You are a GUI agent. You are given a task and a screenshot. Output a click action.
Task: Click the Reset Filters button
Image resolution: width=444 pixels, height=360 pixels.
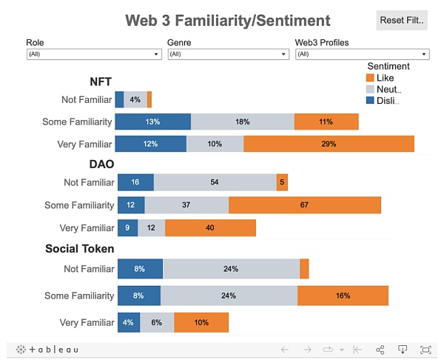click(x=402, y=20)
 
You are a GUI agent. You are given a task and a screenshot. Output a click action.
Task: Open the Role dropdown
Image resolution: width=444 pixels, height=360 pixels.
click(x=93, y=54)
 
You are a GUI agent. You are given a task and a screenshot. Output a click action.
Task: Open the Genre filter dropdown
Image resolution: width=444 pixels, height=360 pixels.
click(x=228, y=54)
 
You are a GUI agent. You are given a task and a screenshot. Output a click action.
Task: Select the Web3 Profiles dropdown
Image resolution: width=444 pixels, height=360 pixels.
click(x=362, y=54)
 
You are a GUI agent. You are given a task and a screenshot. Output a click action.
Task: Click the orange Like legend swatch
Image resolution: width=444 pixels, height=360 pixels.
click(x=370, y=78)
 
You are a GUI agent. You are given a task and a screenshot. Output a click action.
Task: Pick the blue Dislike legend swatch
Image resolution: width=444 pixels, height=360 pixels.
click(x=370, y=100)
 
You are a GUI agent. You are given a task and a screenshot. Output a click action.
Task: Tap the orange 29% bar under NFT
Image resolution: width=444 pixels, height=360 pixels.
click(x=329, y=144)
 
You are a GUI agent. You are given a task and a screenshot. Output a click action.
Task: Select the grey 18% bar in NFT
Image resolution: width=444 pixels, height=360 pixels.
click(x=242, y=121)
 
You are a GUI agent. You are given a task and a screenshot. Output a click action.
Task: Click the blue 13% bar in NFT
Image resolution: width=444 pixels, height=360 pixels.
click(x=153, y=121)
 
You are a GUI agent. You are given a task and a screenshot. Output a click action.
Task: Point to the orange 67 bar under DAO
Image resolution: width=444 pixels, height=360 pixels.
click(x=304, y=205)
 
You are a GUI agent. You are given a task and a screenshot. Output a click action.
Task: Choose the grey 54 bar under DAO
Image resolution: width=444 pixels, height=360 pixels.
click(x=215, y=182)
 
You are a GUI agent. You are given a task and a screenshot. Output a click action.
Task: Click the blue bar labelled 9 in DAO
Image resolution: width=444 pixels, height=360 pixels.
click(x=127, y=227)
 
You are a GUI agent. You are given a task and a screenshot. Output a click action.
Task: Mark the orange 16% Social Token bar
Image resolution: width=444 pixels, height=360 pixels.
click(x=343, y=296)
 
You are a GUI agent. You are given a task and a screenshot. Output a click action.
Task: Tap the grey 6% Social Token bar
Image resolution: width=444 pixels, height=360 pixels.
click(x=157, y=322)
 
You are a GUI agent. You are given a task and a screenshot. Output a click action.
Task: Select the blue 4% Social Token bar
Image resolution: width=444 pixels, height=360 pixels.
click(x=128, y=322)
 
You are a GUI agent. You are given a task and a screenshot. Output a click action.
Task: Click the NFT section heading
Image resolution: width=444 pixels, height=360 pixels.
click(x=101, y=82)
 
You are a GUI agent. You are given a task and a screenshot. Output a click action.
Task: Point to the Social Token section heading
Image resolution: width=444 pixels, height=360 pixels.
click(x=80, y=249)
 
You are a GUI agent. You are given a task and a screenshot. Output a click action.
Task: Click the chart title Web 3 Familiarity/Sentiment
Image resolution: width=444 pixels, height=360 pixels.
click(x=228, y=21)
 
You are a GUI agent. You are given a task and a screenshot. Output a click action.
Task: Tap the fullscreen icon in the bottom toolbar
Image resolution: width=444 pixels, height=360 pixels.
click(x=425, y=349)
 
